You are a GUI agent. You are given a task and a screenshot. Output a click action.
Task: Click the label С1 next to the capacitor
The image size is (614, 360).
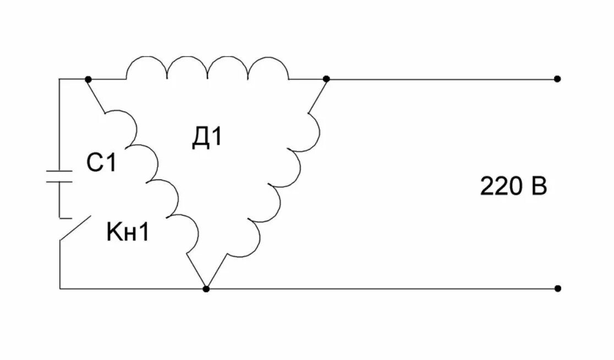coord(101,163)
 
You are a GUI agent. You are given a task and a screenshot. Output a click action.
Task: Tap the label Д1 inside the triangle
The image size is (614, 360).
coord(207,137)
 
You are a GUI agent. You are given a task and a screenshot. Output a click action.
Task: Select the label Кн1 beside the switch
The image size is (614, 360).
coord(128,233)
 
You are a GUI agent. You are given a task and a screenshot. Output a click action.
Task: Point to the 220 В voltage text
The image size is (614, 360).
coord(514,187)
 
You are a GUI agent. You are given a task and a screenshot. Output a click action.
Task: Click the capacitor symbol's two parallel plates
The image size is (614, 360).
coord(59,176)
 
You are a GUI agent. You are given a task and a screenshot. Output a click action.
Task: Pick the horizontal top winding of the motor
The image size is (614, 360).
coord(207,68)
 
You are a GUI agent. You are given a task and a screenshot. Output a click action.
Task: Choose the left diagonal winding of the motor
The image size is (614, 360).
coord(154,176)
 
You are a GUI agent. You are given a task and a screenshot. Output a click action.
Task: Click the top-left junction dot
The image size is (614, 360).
coord(88,79)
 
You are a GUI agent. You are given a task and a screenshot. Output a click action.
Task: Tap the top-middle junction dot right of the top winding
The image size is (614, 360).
coord(326,79)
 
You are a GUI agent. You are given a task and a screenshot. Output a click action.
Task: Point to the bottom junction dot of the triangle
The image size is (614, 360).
coord(206,288)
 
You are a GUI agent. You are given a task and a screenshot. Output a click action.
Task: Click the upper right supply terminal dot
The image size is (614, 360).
coord(557,79)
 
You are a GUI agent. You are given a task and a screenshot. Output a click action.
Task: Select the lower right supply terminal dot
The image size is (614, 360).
coord(557,288)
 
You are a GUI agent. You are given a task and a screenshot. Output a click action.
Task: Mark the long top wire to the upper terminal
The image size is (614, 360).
coord(440,79)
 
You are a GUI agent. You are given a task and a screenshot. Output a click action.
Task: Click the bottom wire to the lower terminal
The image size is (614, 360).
coord(385,288)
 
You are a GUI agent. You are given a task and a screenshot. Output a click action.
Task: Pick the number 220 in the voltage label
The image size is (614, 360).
coord(501,187)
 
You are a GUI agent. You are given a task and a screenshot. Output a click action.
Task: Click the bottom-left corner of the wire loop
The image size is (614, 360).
coord(59,288)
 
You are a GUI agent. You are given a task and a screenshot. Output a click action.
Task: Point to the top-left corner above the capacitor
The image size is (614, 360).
coord(59,79)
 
